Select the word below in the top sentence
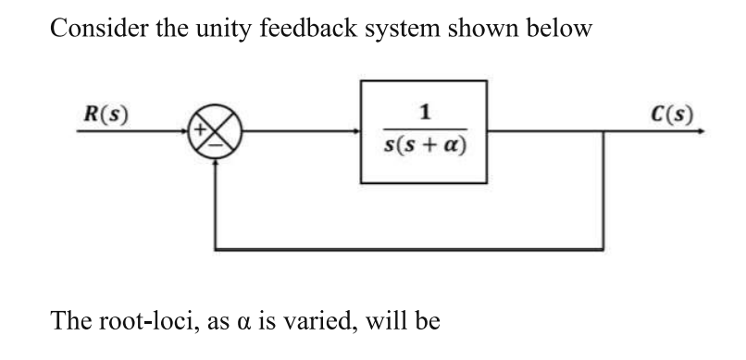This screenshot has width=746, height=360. click(x=555, y=29)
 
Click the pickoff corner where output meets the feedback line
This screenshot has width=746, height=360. click(x=603, y=132)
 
